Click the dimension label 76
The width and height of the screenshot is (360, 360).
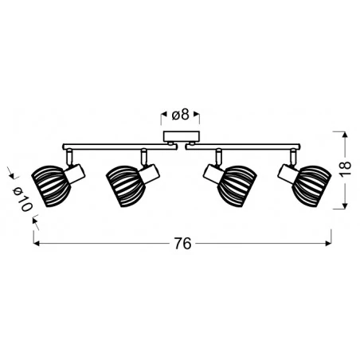pyautogui.click(x=183, y=244)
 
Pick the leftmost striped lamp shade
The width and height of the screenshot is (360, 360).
pyautogui.click(x=46, y=185)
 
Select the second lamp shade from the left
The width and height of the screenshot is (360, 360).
pyautogui.click(x=123, y=185)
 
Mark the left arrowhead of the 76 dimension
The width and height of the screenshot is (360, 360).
pyautogui.click(x=37, y=244)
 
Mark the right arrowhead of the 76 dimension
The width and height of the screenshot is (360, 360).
pyautogui.click(x=329, y=244)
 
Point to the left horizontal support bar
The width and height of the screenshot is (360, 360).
pyautogui.click(x=112, y=145)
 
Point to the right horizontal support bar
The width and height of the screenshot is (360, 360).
pyautogui.click(x=247, y=145)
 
